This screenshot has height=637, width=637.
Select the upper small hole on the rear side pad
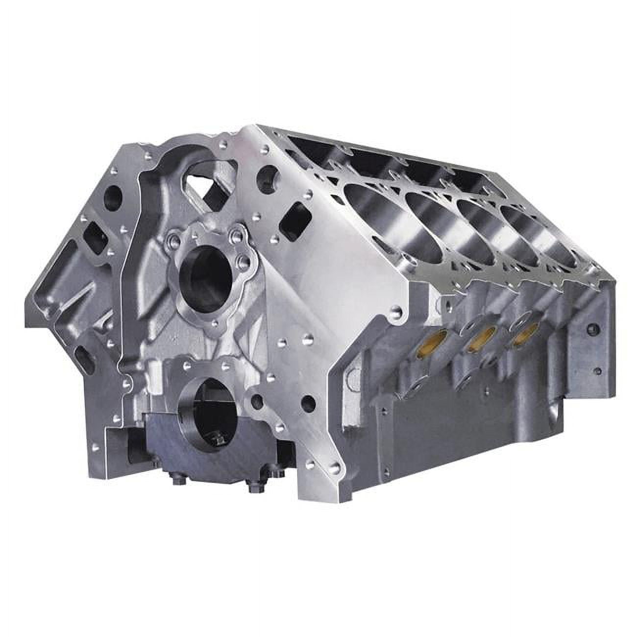click(594, 329)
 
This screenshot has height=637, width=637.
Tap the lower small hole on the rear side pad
click(596, 371)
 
